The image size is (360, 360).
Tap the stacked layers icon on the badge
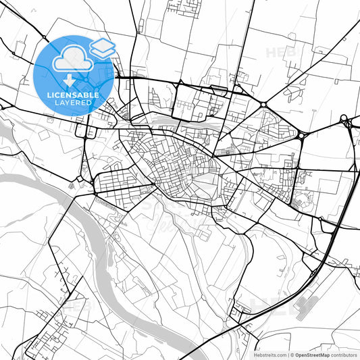(x=103, y=47)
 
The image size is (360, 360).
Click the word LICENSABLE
(x=73, y=95)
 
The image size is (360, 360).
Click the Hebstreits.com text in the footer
(x=269, y=354)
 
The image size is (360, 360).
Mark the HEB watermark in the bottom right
(x=270, y=305)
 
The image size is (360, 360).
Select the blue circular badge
(x=73, y=74)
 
